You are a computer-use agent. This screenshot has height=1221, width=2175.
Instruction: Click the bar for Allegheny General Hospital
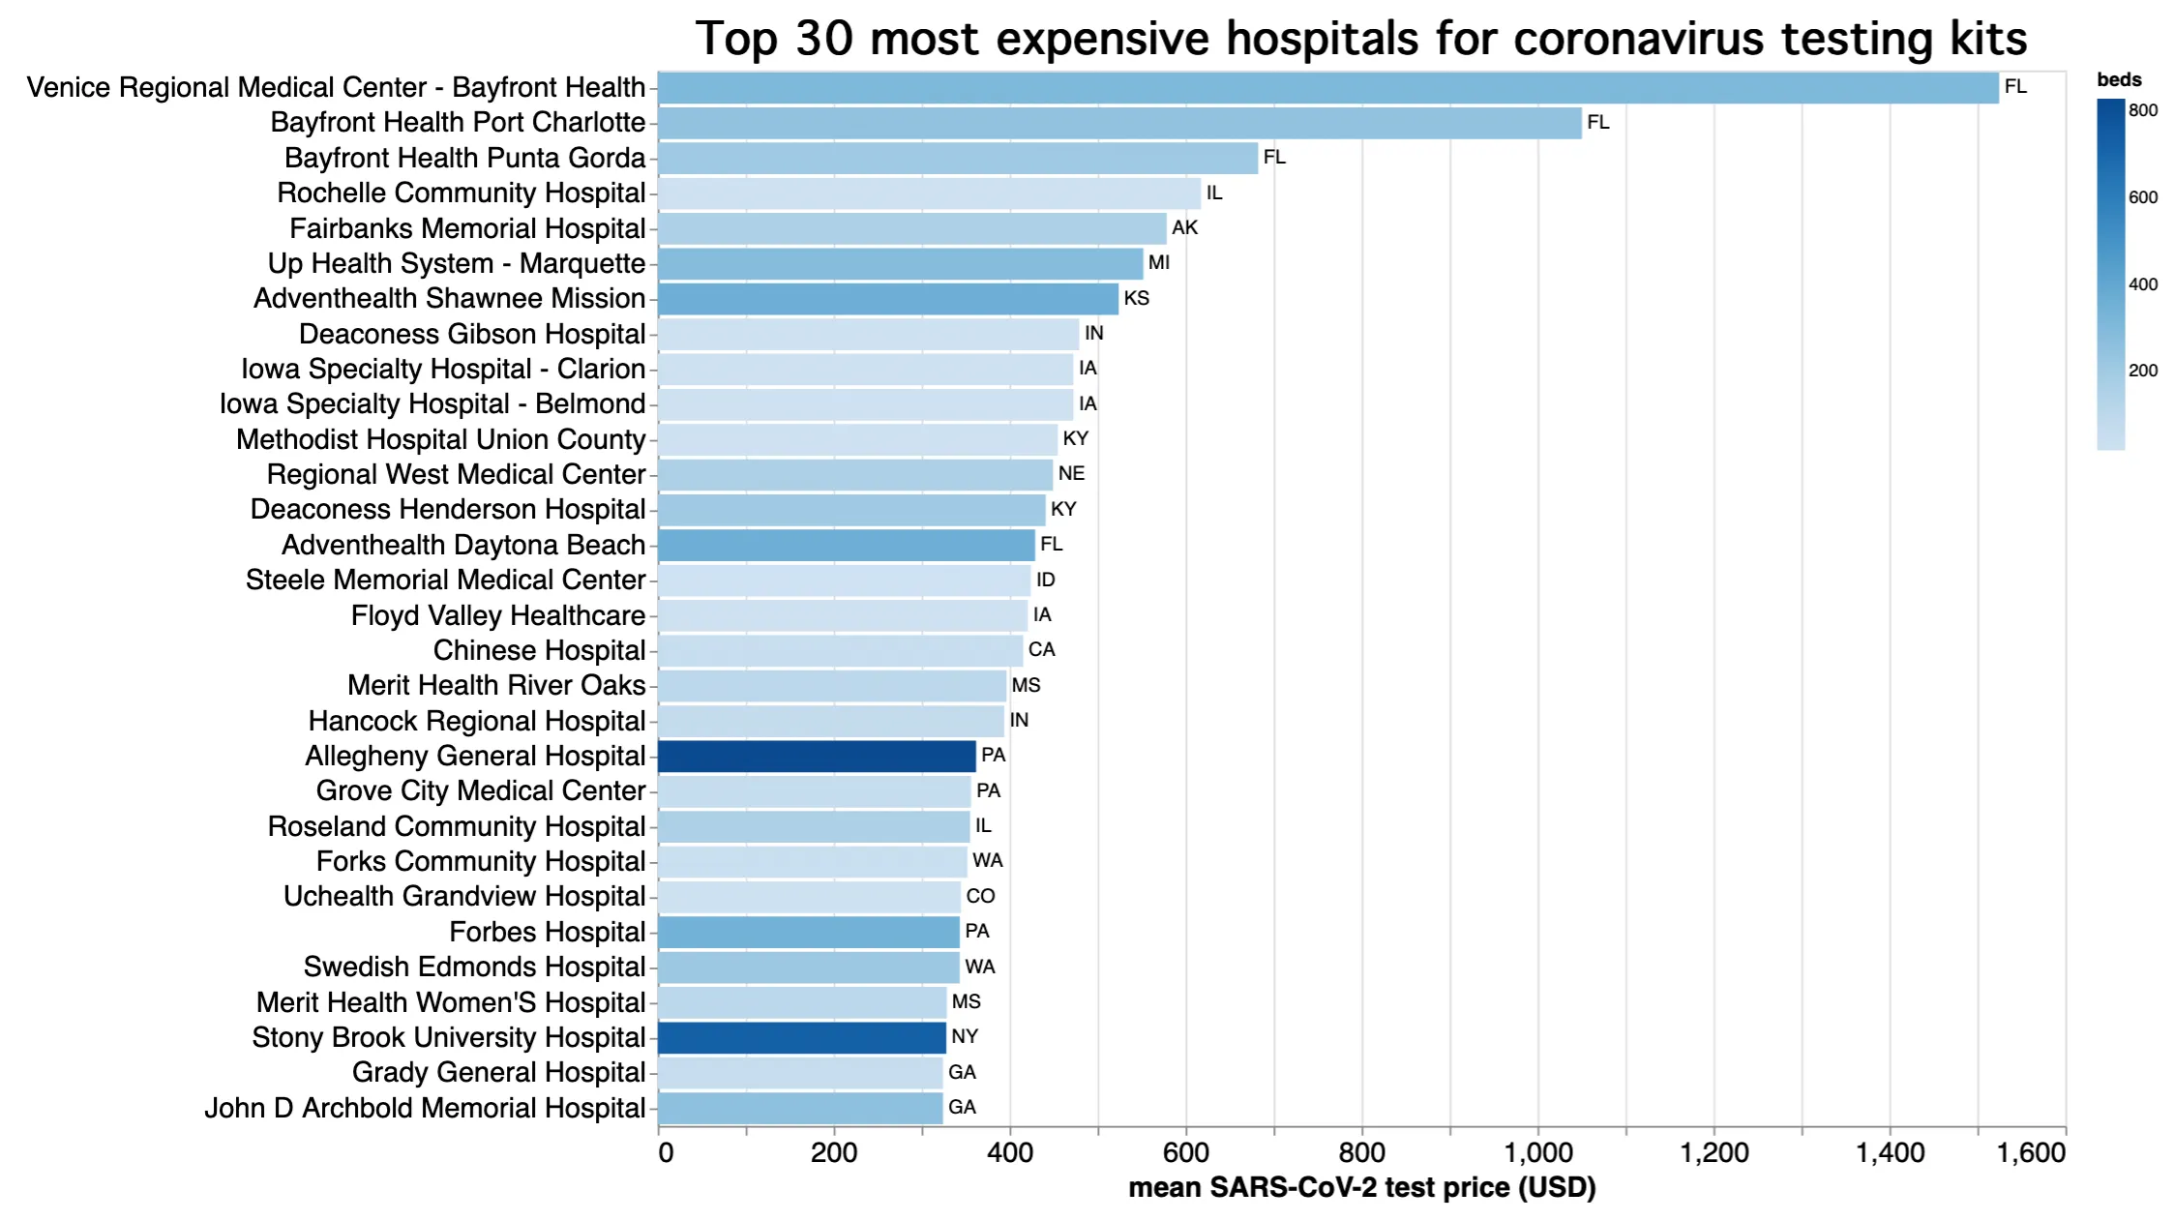816,756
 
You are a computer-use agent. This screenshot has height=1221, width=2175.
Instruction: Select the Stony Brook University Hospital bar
801,1037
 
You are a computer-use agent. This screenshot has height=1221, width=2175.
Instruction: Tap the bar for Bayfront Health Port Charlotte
1118,123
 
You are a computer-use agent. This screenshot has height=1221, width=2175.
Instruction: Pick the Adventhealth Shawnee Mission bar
887,299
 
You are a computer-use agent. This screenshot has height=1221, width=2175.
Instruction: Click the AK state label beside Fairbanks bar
1184,228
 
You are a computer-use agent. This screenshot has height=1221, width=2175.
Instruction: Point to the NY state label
964,1037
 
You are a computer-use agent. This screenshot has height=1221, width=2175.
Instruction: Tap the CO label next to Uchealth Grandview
979,897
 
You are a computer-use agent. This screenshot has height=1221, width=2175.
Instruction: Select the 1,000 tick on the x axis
1537,1153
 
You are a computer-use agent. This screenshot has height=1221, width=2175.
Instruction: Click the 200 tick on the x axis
833,1153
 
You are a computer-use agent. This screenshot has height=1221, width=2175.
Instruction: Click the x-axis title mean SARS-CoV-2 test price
1361,1188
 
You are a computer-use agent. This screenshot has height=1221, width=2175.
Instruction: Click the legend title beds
2119,80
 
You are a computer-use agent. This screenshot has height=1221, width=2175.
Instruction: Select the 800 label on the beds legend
2142,110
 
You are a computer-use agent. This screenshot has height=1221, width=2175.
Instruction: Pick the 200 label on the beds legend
2142,371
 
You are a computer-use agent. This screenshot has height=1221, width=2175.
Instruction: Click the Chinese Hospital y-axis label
538,650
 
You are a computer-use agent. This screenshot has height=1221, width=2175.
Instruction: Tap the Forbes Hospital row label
547,932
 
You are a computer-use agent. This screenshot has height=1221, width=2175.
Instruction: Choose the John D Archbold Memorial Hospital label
424,1108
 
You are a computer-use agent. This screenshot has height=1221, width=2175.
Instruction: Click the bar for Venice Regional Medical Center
1327,88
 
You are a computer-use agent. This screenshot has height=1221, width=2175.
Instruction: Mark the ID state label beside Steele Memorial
1045,580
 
